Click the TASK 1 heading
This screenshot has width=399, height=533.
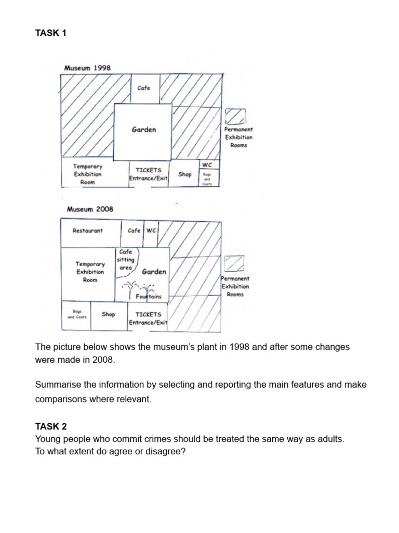click(51, 33)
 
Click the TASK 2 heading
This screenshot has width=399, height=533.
click(51, 426)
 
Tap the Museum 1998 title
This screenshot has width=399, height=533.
click(87, 68)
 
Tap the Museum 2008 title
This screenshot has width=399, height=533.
click(90, 209)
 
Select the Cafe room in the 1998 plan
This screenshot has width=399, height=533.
click(144, 88)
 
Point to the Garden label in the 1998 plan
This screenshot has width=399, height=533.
click(144, 130)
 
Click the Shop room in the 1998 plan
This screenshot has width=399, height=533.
click(185, 174)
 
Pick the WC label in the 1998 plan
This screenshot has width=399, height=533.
click(207, 165)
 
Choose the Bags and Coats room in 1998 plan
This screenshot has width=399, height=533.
click(207, 179)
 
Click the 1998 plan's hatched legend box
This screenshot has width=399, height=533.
click(235, 117)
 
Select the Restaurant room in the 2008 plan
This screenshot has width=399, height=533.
click(88, 231)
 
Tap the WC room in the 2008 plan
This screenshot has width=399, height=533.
click(151, 231)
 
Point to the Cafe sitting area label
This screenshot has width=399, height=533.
click(126, 260)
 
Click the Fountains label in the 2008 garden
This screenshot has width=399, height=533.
click(149, 297)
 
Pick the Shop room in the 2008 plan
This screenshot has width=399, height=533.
click(109, 314)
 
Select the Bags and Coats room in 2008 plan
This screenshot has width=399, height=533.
click(76, 314)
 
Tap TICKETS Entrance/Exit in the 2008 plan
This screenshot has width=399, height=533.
click(148, 319)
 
